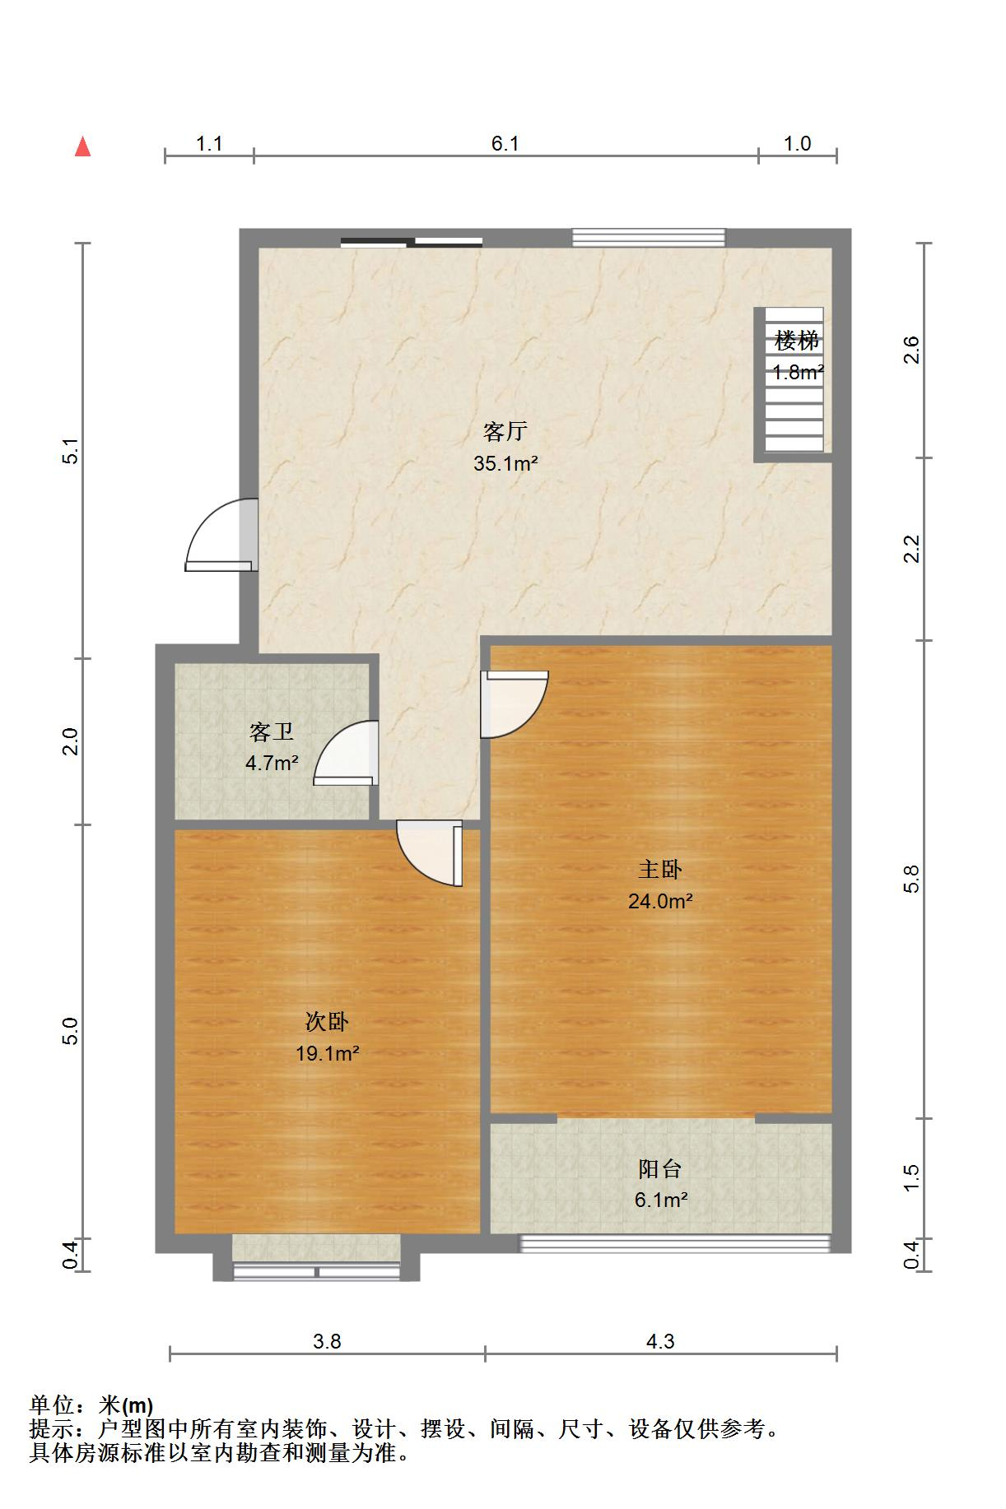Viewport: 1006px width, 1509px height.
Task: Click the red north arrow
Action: click(x=82, y=146)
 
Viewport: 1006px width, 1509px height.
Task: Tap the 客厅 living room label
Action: click(x=505, y=431)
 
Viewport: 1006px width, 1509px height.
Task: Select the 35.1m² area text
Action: click(x=505, y=463)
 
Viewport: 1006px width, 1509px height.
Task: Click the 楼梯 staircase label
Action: click(x=796, y=340)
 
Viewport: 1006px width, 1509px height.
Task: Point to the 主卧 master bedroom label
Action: click(x=660, y=869)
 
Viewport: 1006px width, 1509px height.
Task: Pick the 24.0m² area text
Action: click(x=660, y=901)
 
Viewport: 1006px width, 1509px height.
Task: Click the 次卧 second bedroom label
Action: click(x=327, y=1022)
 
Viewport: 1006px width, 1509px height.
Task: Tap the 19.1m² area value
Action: click(x=327, y=1053)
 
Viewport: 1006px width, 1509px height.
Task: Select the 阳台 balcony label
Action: click(x=660, y=1168)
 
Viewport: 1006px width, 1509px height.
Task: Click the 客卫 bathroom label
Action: click(x=272, y=731)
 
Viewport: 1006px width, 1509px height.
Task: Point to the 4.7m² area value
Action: click(x=272, y=764)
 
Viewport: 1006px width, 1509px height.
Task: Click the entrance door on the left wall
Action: click(x=221, y=535)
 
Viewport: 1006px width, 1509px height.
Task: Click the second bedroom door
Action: click(x=429, y=853)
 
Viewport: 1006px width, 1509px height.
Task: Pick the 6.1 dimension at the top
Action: click(x=505, y=144)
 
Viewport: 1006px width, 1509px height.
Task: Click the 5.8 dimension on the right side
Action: click(x=911, y=879)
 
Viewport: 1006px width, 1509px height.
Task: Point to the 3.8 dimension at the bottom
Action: click(x=327, y=1342)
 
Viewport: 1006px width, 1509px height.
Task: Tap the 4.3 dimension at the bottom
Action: click(x=660, y=1342)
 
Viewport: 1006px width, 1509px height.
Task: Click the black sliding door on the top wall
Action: click(x=412, y=242)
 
